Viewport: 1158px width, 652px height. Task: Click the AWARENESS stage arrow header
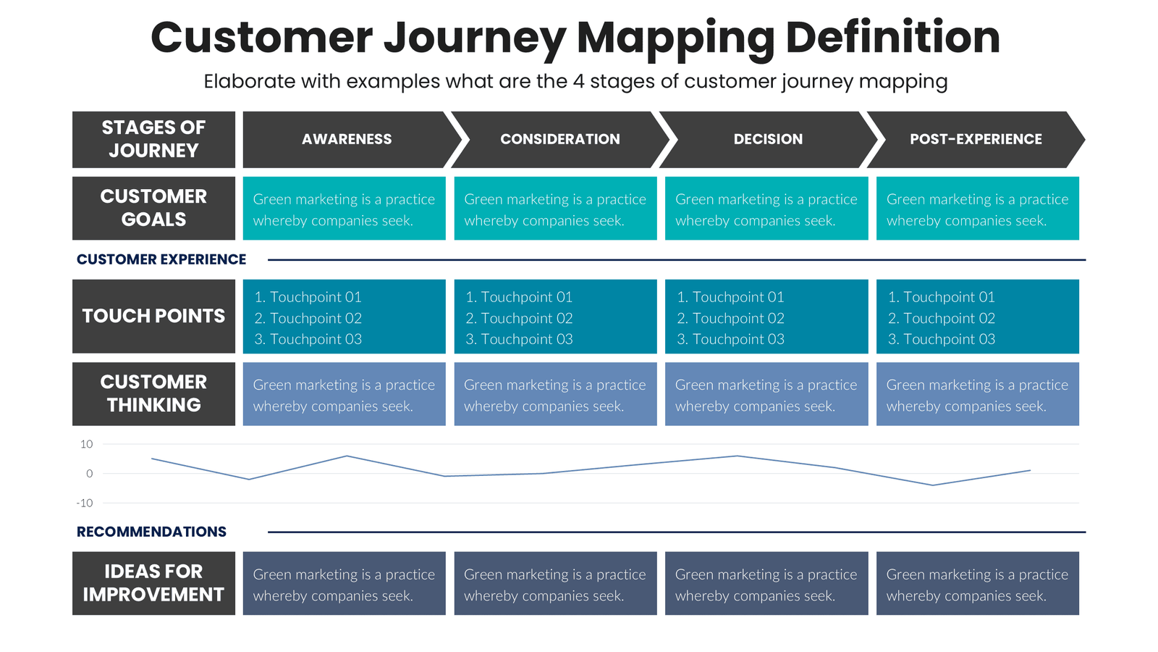347,139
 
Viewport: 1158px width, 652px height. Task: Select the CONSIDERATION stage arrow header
559,139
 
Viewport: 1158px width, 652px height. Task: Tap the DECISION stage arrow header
768,139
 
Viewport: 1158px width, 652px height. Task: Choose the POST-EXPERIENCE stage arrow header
976,139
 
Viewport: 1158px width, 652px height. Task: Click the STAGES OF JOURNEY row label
153,139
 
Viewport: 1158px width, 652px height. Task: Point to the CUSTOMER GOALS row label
153,208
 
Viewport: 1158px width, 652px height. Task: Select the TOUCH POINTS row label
153,316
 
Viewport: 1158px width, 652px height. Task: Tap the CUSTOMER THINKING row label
153,393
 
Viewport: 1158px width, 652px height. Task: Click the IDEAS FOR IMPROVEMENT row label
153,583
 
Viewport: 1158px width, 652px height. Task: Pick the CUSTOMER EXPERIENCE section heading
161,259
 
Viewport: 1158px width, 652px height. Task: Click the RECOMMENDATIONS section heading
151,532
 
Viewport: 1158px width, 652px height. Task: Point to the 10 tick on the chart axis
87,444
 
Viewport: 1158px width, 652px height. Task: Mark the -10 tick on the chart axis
85,503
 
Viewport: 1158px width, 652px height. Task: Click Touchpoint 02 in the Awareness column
308,318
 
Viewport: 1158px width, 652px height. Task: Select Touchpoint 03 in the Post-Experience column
942,339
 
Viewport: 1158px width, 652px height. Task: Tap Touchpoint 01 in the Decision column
730,297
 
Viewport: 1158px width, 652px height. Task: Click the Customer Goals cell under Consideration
555,209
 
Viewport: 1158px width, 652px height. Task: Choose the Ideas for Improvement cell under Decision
766,584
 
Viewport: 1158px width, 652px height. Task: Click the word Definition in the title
892,38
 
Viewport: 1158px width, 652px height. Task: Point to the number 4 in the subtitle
578,81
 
